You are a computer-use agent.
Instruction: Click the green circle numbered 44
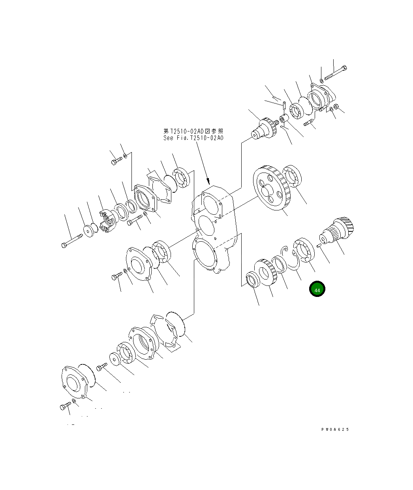point(317,289)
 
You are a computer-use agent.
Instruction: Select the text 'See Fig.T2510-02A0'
point(193,138)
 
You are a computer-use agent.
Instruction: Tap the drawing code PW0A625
point(335,430)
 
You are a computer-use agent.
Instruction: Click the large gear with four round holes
point(272,189)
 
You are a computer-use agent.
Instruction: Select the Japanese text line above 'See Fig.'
point(193,131)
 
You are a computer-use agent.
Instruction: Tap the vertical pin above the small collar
point(284,105)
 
